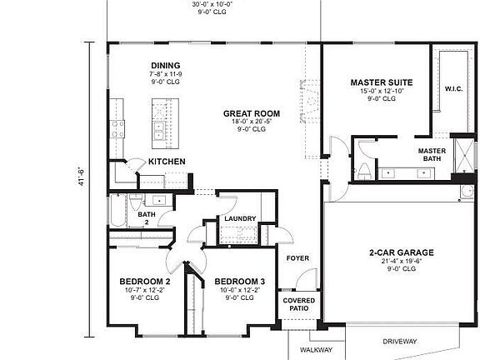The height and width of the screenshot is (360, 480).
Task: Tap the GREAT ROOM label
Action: point(251,113)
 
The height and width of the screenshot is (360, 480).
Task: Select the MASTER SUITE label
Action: point(380,82)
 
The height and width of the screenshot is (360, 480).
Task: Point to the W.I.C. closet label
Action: point(453,88)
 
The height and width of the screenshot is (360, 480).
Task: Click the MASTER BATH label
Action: point(432,154)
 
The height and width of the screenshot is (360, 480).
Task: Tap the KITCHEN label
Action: point(167,162)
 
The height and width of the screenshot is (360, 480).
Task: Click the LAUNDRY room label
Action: point(240,219)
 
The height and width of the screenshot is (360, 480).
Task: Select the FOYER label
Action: point(297,258)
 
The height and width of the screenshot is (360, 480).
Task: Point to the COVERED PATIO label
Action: point(298,304)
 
